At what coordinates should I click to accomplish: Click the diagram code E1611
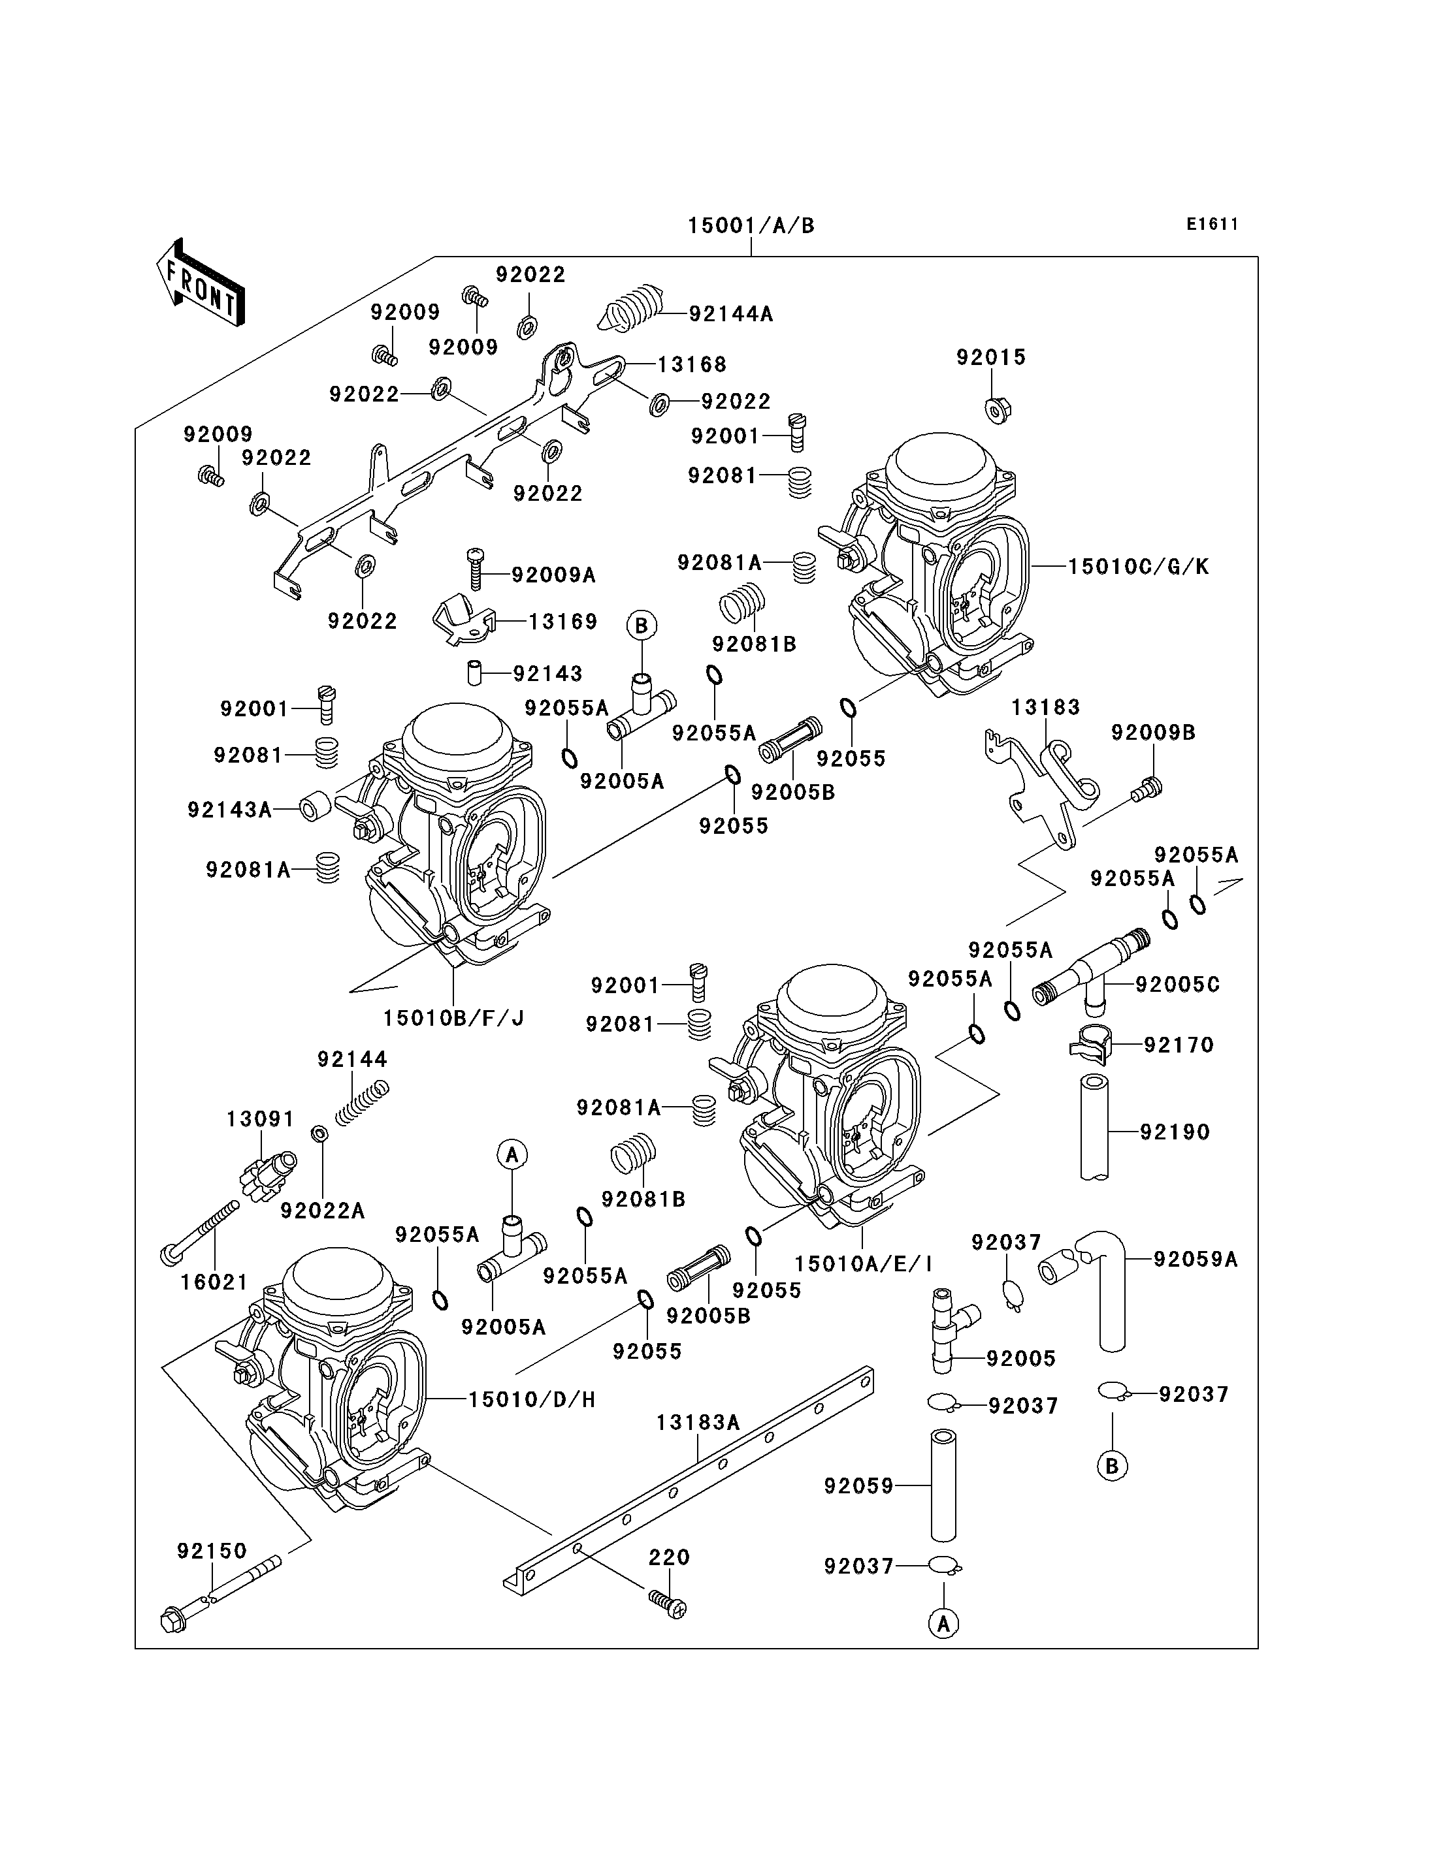pyautogui.click(x=1211, y=224)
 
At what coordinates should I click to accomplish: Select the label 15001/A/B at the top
pyautogui.click(x=751, y=226)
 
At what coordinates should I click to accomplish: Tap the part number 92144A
pyautogui.click(x=730, y=313)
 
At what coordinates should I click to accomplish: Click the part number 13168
pyautogui.click(x=691, y=365)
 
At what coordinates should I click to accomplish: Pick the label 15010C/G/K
pyautogui.click(x=1138, y=567)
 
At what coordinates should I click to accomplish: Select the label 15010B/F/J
pyautogui.click(x=453, y=1017)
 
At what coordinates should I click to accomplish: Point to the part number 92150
pyautogui.click(x=212, y=1551)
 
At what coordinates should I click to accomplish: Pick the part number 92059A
pyautogui.click(x=1195, y=1258)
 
